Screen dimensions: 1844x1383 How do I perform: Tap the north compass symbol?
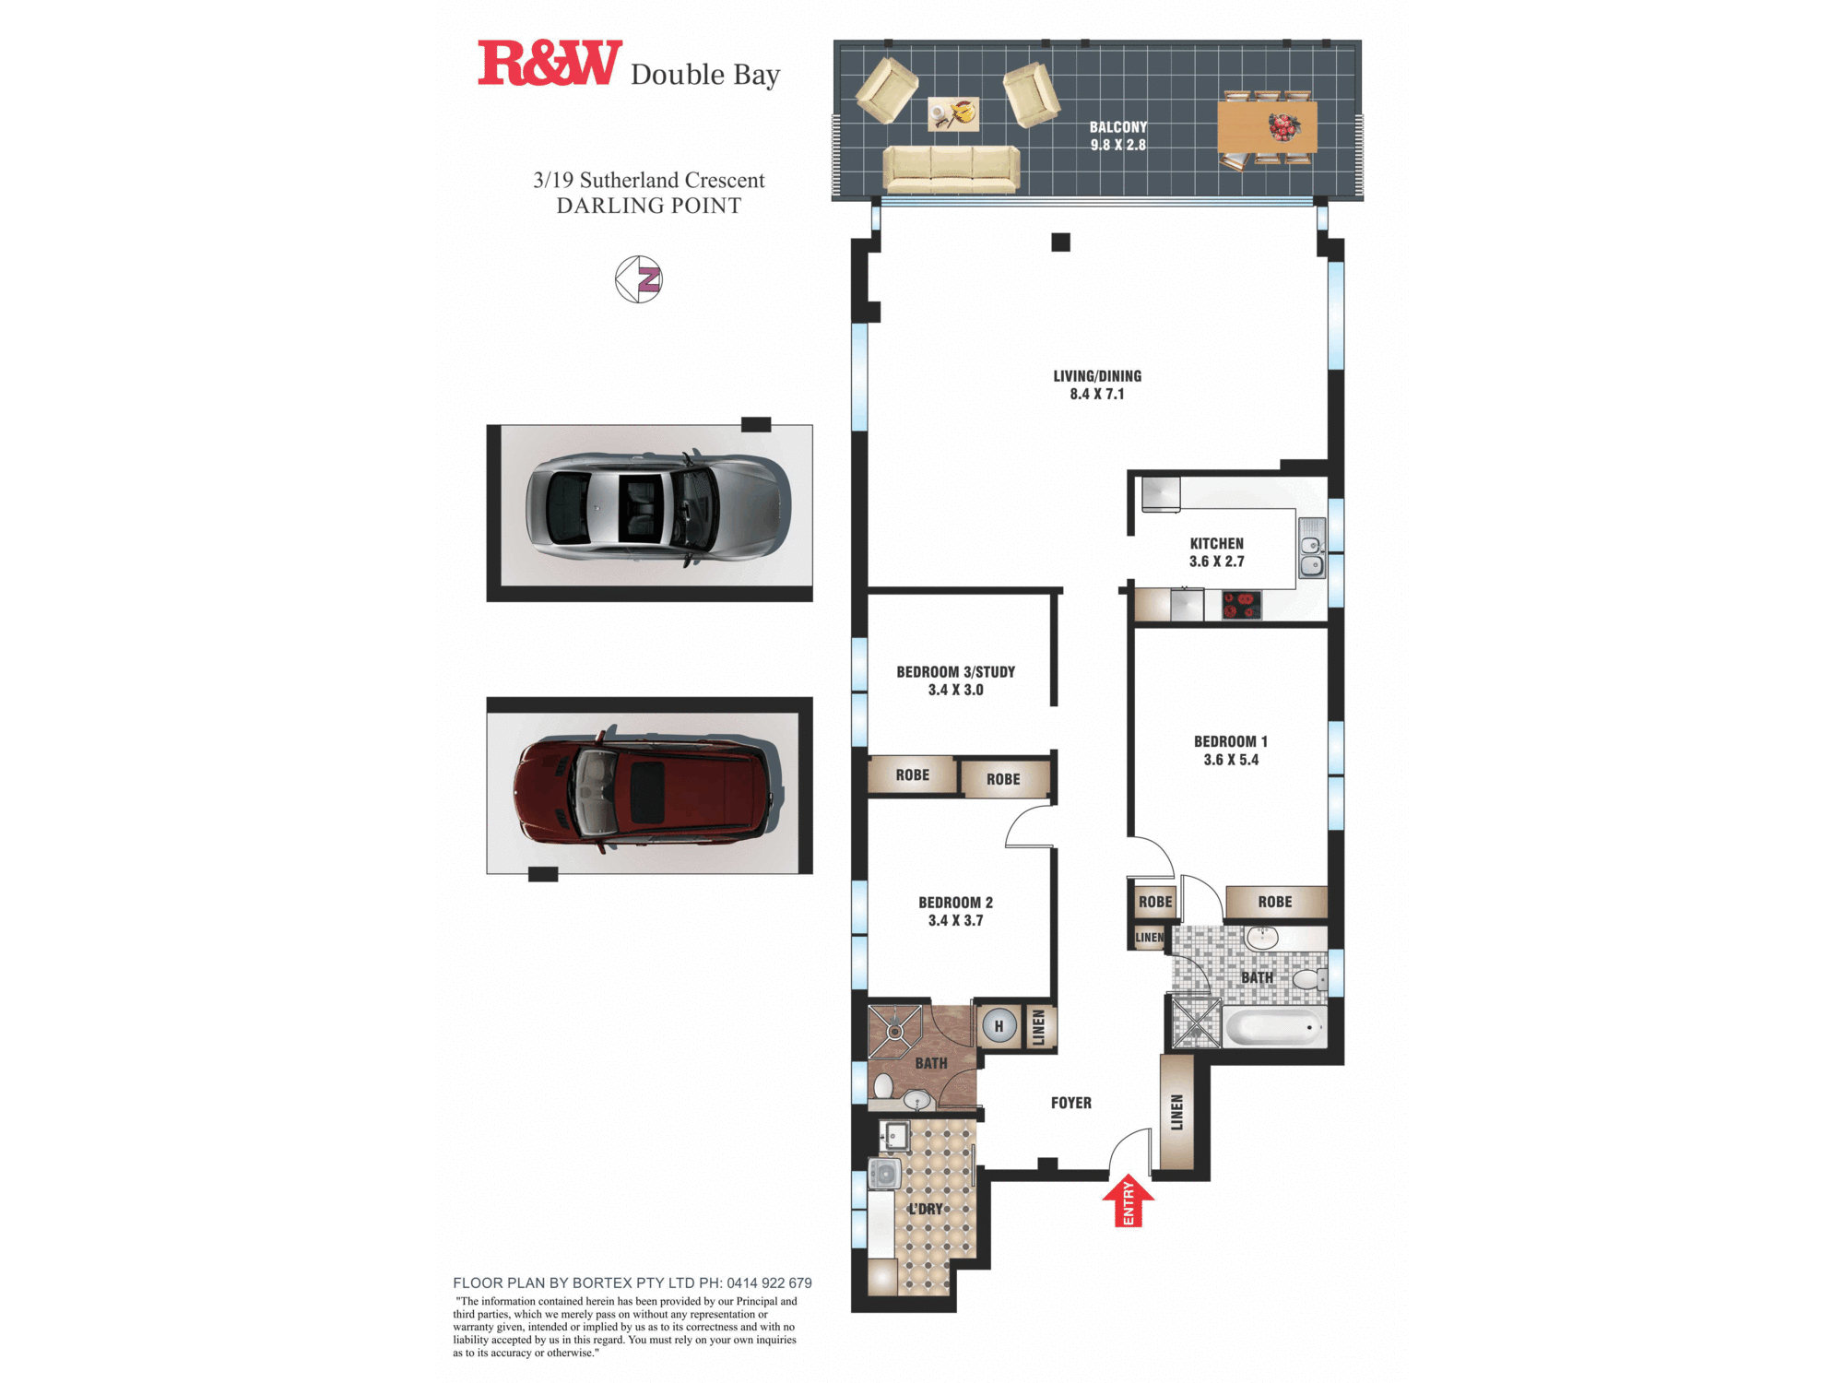coord(639,279)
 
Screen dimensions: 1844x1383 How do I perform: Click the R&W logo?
coord(550,64)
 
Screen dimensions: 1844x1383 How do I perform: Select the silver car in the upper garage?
coord(658,508)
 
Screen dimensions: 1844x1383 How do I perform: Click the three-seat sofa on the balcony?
coord(952,169)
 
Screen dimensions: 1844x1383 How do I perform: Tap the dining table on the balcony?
coord(1268,127)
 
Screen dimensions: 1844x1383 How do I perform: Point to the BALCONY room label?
coord(1118,127)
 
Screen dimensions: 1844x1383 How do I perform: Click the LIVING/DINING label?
coord(1097,376)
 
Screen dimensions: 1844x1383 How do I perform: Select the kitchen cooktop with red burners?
coord(1241,605)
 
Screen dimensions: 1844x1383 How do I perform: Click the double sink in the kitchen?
coord(1312,548)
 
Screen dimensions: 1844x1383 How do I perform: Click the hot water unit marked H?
coord(999,1025)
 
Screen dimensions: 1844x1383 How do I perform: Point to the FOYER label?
coord(1071,1103)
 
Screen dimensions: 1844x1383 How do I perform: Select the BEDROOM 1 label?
coord(1231,741)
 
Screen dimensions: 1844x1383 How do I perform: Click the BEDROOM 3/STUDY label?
coord(956,672)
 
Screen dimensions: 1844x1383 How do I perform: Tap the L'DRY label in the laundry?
coord(926,1209)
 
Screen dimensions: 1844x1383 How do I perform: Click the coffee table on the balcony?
coord(953,113)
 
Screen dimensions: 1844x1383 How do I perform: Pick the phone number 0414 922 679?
coord(769,1283)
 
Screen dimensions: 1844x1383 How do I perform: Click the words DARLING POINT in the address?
coord(649,206)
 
